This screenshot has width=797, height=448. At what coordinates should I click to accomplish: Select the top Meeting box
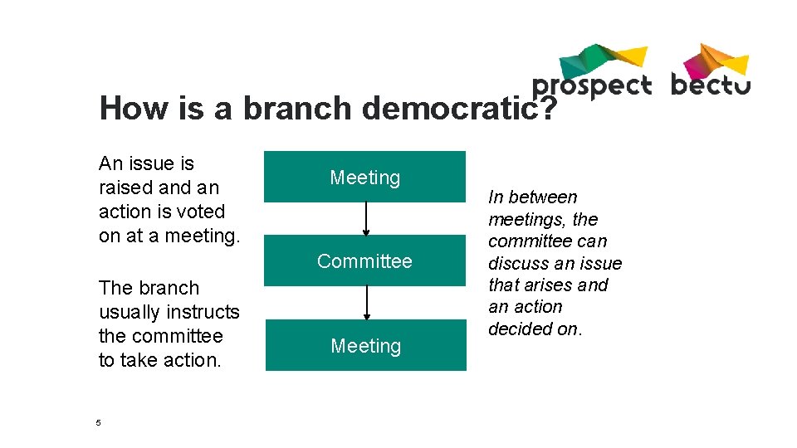364,177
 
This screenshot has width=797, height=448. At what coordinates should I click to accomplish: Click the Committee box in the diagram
364,261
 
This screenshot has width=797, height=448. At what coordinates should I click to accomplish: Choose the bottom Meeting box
365,345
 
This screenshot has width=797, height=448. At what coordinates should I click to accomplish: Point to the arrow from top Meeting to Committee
365,219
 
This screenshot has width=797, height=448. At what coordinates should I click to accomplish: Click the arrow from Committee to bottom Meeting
365,303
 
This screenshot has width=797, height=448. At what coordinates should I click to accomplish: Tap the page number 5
98,423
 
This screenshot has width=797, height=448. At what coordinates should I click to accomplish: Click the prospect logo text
591,85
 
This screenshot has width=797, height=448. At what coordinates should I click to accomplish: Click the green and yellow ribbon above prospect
602,58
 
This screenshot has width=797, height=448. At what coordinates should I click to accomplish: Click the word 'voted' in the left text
200,212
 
